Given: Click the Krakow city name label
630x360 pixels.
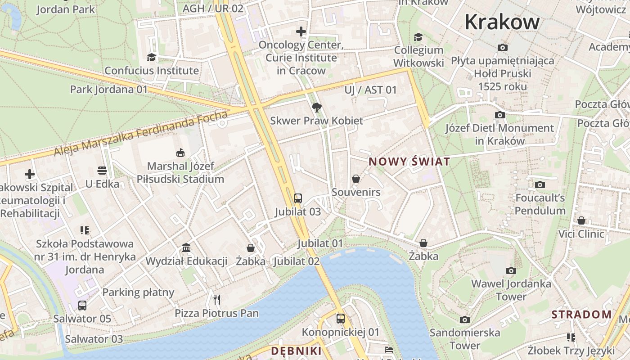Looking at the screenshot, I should coord(502,22).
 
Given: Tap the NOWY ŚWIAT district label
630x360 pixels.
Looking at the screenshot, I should coord(409,162).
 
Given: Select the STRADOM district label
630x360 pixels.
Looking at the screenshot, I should coord(581,315).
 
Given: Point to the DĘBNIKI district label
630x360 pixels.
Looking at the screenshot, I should coord(296,351).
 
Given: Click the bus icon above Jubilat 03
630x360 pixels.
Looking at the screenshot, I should coord(297,198).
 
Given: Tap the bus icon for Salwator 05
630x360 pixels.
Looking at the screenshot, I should coord(82,306).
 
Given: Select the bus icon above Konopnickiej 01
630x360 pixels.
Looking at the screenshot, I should coord(341,319).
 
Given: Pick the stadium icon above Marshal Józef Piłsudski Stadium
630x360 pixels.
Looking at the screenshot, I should coord(180,153).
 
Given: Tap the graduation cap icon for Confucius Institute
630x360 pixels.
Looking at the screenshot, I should coord(151,57).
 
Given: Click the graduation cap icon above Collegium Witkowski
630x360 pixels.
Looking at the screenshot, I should coord(418,37).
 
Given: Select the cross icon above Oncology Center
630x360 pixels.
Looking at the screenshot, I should coord(301,31).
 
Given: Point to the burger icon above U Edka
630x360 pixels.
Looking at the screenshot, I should coord(102,171).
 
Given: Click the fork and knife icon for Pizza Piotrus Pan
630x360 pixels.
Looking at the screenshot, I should coord(216,299).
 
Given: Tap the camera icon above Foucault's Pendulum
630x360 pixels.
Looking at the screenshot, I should coord(540,184).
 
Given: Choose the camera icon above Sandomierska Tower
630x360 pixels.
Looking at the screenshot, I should coord(465,319).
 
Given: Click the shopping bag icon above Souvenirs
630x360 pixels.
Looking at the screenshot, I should coord(355,179).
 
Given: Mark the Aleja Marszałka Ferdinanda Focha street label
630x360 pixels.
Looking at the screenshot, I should coord(141,134).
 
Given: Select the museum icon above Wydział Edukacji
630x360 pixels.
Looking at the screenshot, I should coord(186,248).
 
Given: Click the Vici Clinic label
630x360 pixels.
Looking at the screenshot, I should coord(581,234).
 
